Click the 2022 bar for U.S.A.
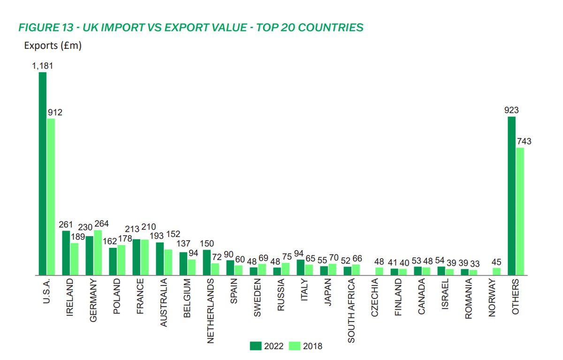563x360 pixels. [x=43, y=173]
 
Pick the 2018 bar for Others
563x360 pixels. [x=520, y=211]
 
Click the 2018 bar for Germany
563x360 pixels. [x=98, y=252]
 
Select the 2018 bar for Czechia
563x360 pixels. [x=380, y=271]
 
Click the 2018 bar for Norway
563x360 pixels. [x=497, y=271]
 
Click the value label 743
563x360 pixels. [x=525, y=141]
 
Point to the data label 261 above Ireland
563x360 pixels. [x=66, y=224]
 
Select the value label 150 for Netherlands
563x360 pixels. [x=207, y=244]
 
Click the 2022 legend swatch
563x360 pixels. [x=255, y=346]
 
